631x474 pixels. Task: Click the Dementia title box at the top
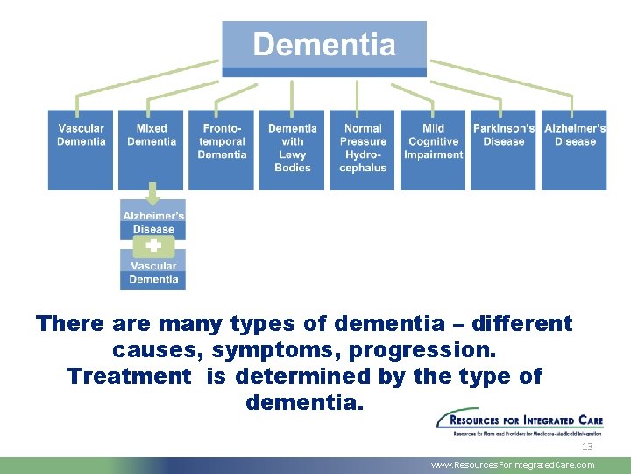tap(324, 46)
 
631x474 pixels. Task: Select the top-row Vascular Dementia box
tap(81, 149)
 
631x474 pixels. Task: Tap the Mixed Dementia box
tap(152, 149)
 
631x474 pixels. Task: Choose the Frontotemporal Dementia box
tap(222, 149)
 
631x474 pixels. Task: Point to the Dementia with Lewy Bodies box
tap(292, 149)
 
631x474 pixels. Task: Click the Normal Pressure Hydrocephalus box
tap(363, 149)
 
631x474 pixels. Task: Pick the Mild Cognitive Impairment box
tap(433, 149)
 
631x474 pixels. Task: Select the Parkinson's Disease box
tap(504, 149)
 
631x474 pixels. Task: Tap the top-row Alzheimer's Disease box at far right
tap(574, 149)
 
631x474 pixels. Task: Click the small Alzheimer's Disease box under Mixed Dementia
tap(153, 221)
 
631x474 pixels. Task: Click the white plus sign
tap(153, 246)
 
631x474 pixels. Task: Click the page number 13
tap(587, 447)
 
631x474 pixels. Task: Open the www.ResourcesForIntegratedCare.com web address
tap(513, 465)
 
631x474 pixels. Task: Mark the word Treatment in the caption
tap(129, 377)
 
